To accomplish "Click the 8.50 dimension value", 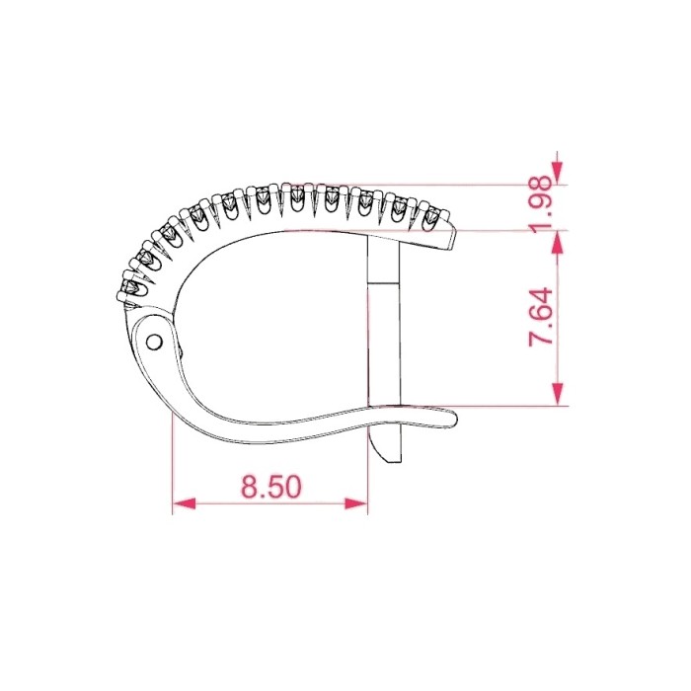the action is coord(271,486).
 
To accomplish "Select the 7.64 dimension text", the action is coord(541,317).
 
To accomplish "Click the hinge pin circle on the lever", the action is coord(154,342).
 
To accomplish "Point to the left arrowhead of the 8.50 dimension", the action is coord(184,503).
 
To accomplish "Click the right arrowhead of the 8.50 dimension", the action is coord(356,503).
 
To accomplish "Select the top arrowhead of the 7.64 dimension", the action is coord(558,242).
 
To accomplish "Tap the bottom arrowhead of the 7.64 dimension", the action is coord(558,394).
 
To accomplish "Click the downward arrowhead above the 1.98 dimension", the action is coord(558,173).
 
